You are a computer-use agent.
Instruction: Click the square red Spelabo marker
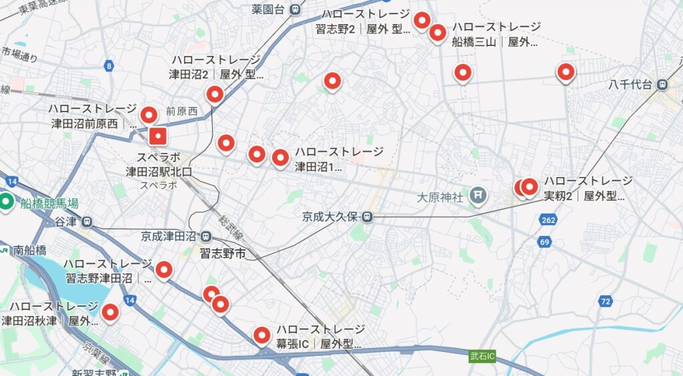(157, 137)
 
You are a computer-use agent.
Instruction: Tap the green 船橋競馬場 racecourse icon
(7, 201)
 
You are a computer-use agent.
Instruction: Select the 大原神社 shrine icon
(478, 196)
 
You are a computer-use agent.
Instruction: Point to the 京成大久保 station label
(330, 216)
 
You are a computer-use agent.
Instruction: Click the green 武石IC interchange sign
(482, 356)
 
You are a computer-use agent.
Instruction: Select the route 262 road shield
(548, 220)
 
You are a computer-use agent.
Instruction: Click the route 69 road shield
(545, 242)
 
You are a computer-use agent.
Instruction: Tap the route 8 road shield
(109, 65)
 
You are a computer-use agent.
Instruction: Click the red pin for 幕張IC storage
(262, 335)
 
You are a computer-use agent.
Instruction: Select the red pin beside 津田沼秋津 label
(109, 311)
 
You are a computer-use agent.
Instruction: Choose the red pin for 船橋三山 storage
(438, 32)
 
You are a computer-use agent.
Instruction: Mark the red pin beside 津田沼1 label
(280, 158)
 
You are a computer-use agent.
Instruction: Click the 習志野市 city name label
(223, 253)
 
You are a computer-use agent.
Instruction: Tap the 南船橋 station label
(30, 250)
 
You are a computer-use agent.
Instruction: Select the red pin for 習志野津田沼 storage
(163, 270)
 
